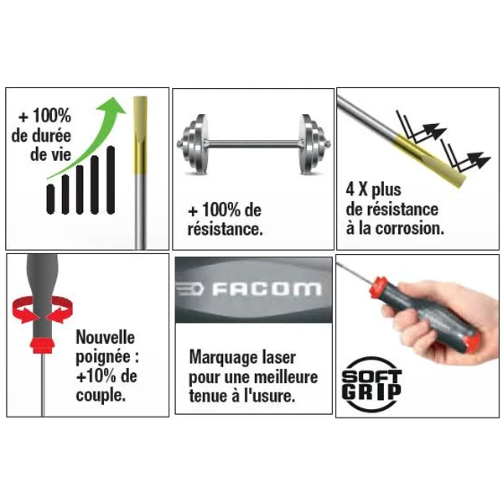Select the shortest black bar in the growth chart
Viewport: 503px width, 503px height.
pyautogui.click(x=52, y=197)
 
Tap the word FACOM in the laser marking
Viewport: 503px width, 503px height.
pyautogui.click(x=265, y=290)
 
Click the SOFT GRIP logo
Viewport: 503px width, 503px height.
pyautogui.click(x=372, y=385)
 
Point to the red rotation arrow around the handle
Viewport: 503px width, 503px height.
pyautogui.click(x=34, y=312)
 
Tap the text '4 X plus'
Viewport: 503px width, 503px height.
pyautogui.click(x=373, y=189)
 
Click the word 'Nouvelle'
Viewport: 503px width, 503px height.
pyautogui.click(x=105, y=338)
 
